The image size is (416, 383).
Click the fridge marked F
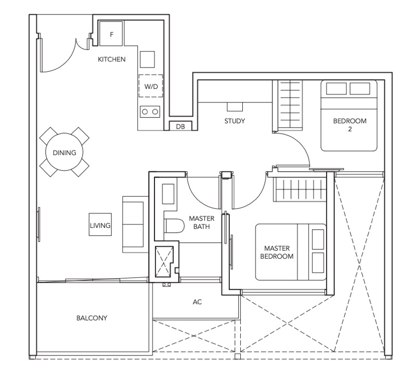(x=111, y=34)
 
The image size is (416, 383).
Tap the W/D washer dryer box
(x=151, y=86)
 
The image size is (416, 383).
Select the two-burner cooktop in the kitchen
(x=150, y=111)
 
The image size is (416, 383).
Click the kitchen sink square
(x=147, y=59)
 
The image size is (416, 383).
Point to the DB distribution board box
(x=180, y=126)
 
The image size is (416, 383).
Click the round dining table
(x=64, y=152)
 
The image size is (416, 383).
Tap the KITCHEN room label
(x=112, y=59)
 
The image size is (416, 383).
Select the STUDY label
(x=235, y=121)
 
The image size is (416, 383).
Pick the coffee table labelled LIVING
(x=100, y=225)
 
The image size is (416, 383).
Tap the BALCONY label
(x=92, y=318)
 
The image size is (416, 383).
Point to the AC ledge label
(x=197, y=302)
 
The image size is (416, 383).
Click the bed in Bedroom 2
(x=349, y=116)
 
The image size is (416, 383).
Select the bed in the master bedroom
(x=291, y=252)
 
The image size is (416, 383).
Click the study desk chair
(x=235, y=107)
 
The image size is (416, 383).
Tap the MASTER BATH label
(x=202, y=222)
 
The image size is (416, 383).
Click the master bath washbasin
(x=168, y=194)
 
